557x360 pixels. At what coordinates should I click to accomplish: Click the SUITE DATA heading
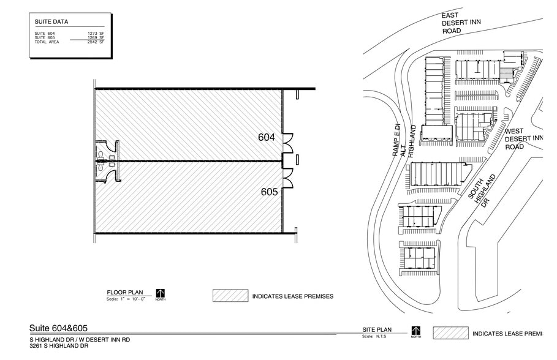[x=51, y=22]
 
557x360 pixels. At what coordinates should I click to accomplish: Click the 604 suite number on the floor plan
[x=267, y=138]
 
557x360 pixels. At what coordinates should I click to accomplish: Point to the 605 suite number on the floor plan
[x=270, y=192]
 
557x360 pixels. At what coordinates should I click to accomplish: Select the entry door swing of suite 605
[x=288, y=178]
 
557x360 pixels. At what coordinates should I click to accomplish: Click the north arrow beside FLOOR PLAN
[x=161, y=294]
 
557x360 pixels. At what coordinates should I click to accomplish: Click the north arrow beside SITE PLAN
[x=416, y=332]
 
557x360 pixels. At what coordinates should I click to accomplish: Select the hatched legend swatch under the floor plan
[x=230, y=296]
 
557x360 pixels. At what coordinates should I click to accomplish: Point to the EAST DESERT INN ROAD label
[x=463, y=23]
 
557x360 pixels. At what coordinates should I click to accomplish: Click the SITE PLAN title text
[x=376, y=331]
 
